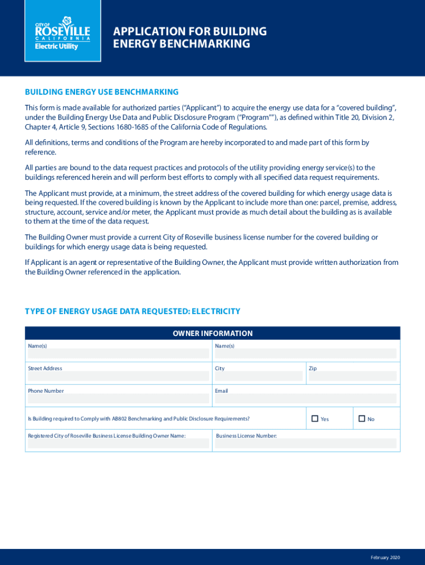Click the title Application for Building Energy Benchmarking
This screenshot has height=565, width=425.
189,38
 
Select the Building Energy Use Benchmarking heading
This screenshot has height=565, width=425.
102,92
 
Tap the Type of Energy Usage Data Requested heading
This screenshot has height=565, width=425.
132,311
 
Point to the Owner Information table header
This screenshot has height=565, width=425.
212,333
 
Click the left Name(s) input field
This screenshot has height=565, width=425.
119,354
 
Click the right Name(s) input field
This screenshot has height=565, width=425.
305,354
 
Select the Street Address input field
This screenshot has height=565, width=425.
119,376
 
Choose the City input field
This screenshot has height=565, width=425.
258,376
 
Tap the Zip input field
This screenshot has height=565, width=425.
352,376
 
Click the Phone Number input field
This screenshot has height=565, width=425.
119,398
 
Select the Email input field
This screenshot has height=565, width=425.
305,398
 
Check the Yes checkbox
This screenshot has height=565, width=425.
315,419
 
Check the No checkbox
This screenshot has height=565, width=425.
362,419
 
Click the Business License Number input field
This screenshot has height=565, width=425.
305,444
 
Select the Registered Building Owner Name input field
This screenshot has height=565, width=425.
119,444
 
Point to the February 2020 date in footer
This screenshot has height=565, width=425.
385,557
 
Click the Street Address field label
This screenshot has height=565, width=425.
45,368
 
